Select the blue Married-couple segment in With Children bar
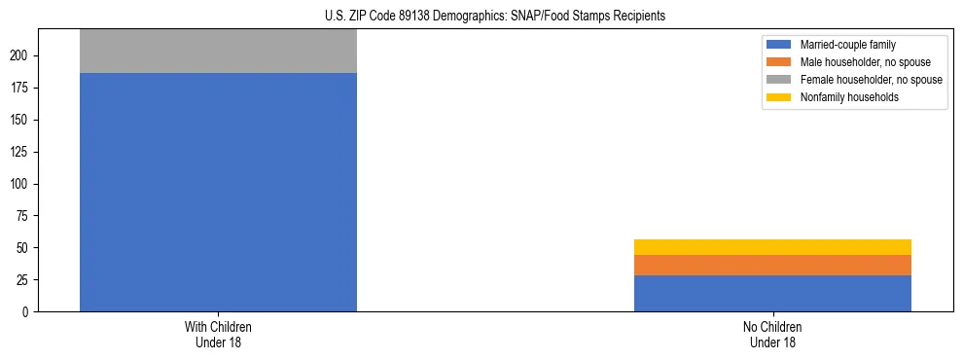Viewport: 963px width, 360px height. coord(218,193)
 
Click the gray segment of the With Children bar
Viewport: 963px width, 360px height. coord(218,52)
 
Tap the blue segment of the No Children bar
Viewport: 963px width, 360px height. coord(772,293)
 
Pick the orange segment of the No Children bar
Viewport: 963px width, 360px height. coord(772,265)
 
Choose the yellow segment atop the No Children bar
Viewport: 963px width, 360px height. coord(772,247)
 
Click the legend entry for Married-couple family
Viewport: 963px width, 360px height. coord(847,45)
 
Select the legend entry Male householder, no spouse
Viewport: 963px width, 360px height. coord(865,62)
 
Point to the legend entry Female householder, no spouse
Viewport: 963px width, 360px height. coord(871,80)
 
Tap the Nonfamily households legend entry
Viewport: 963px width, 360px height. coord(849,97)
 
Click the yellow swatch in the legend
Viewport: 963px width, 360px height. coord(780,97)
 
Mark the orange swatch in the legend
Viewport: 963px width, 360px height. coord(780,62)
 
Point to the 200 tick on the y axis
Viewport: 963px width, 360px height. coord(22,55)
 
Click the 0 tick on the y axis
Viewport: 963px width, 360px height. coord(28,311)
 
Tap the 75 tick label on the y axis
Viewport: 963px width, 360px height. coord(25,216)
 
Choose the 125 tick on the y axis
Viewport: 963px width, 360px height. coord(22,152)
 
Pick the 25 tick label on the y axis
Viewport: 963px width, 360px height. coord(25,280)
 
